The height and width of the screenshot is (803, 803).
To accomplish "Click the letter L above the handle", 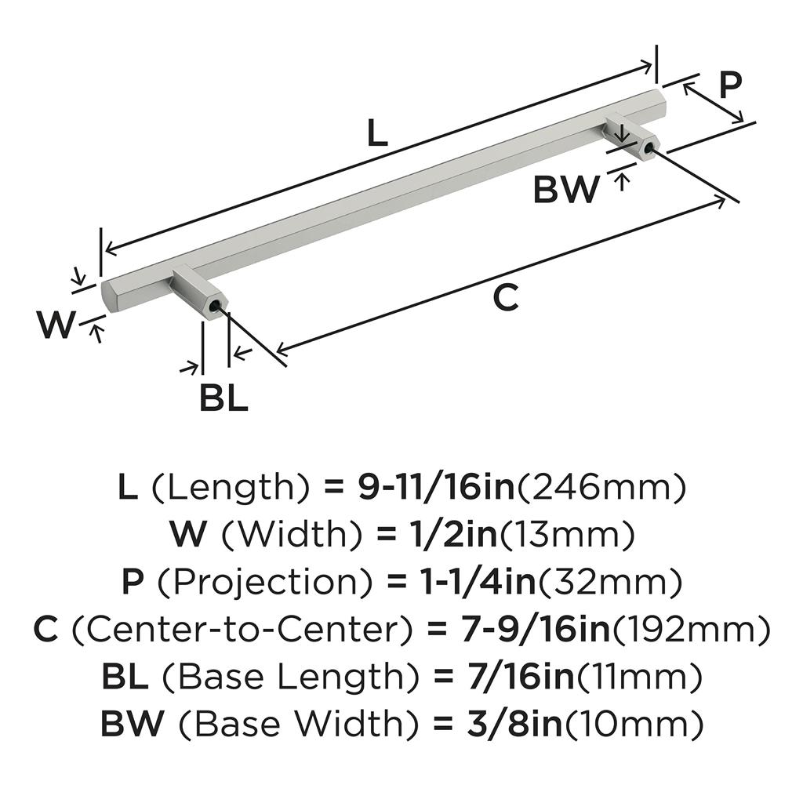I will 377,134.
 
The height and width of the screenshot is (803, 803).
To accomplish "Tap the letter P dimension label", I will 729,85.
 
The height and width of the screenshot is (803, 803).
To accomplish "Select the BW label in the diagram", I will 566,190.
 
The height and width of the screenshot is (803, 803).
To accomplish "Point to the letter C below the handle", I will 507,298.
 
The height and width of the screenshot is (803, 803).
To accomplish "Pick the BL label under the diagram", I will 223,399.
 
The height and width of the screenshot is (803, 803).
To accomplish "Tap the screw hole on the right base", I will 650,148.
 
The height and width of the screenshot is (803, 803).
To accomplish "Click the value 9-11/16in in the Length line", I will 436,489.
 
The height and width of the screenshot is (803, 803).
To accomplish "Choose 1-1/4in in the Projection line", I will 472,583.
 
